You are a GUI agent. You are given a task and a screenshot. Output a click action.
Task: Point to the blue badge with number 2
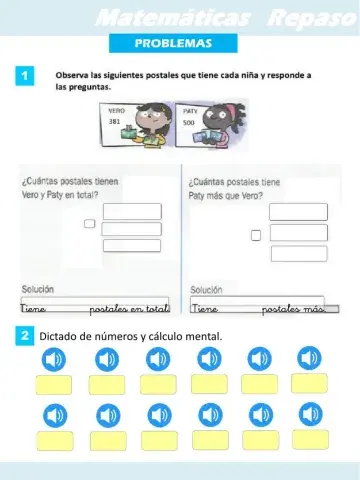point(24,337)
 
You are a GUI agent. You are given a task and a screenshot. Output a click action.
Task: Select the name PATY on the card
point(189,113)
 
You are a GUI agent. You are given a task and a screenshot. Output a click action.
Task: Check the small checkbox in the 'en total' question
point(89,224)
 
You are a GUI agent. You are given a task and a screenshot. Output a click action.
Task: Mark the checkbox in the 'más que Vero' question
point(256,235)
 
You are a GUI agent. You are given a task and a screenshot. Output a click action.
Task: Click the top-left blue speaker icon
point(54,358)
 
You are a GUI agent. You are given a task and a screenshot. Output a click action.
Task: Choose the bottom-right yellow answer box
point(310,440)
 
